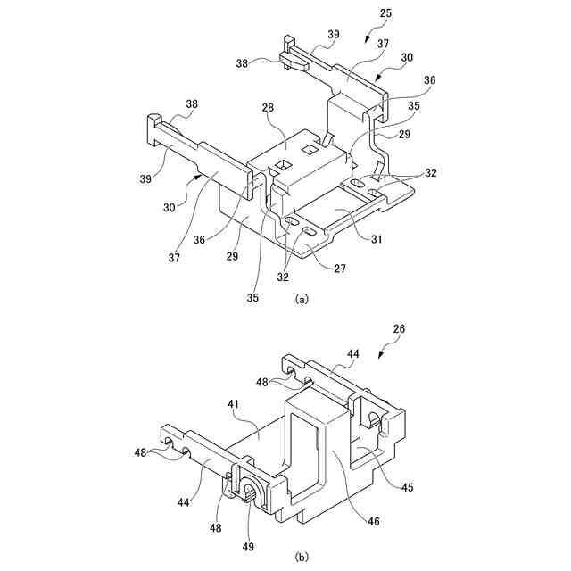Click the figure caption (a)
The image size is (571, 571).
[302, 300]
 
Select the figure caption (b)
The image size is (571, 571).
[302, 558]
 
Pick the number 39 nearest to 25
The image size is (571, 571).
[333, 35]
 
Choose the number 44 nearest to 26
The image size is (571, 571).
[353, 355]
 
